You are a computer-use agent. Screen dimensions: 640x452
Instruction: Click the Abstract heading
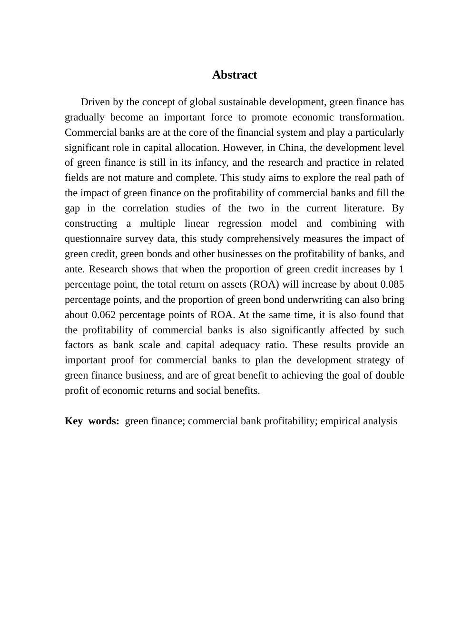point(235,75)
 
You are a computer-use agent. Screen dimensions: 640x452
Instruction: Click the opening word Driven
point(95,102)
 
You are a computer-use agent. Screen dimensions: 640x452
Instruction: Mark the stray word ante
point(75,269)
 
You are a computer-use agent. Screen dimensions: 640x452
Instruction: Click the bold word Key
point(73,421)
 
